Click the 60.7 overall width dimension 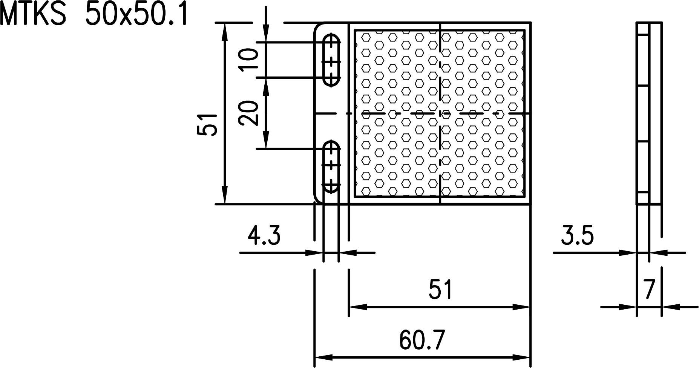422,340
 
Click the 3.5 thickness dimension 577,236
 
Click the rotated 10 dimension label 249,60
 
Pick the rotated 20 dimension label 249,113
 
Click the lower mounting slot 331,166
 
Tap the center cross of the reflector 440,113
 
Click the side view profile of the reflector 648,113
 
